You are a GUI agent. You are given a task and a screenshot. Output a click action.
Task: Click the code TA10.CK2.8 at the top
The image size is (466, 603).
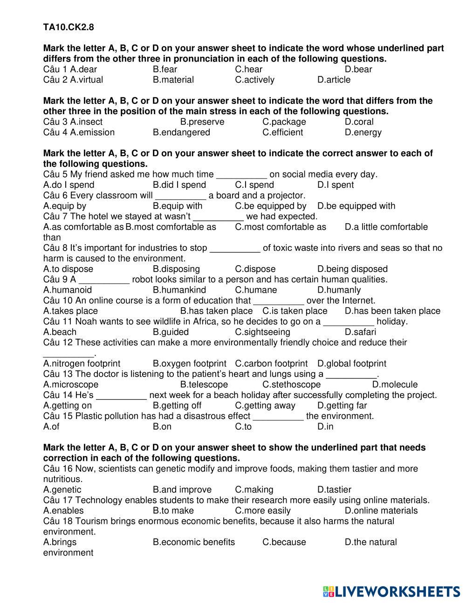[69, 27]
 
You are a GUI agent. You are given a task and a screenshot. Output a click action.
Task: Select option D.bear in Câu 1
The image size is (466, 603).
[358, 69]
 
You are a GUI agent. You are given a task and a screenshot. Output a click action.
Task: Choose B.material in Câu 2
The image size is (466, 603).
[173, 80]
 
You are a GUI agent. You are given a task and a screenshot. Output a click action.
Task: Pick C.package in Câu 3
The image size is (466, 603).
[284, 122]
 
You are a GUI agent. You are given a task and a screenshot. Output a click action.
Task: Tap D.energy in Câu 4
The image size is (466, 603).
[363, 132]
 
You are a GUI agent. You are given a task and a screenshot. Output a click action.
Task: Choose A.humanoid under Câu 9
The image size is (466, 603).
[68, 290]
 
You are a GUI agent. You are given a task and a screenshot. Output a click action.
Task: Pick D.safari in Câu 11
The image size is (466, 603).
[360, 332]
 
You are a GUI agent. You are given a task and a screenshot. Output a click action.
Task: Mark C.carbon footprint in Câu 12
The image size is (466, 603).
[271, 363]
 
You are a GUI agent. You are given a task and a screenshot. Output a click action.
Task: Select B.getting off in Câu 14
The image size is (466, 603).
[177, 405]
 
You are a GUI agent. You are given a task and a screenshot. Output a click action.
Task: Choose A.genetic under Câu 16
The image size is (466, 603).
[62, 490]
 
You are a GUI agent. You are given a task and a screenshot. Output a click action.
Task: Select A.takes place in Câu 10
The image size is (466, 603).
[70, 311]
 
